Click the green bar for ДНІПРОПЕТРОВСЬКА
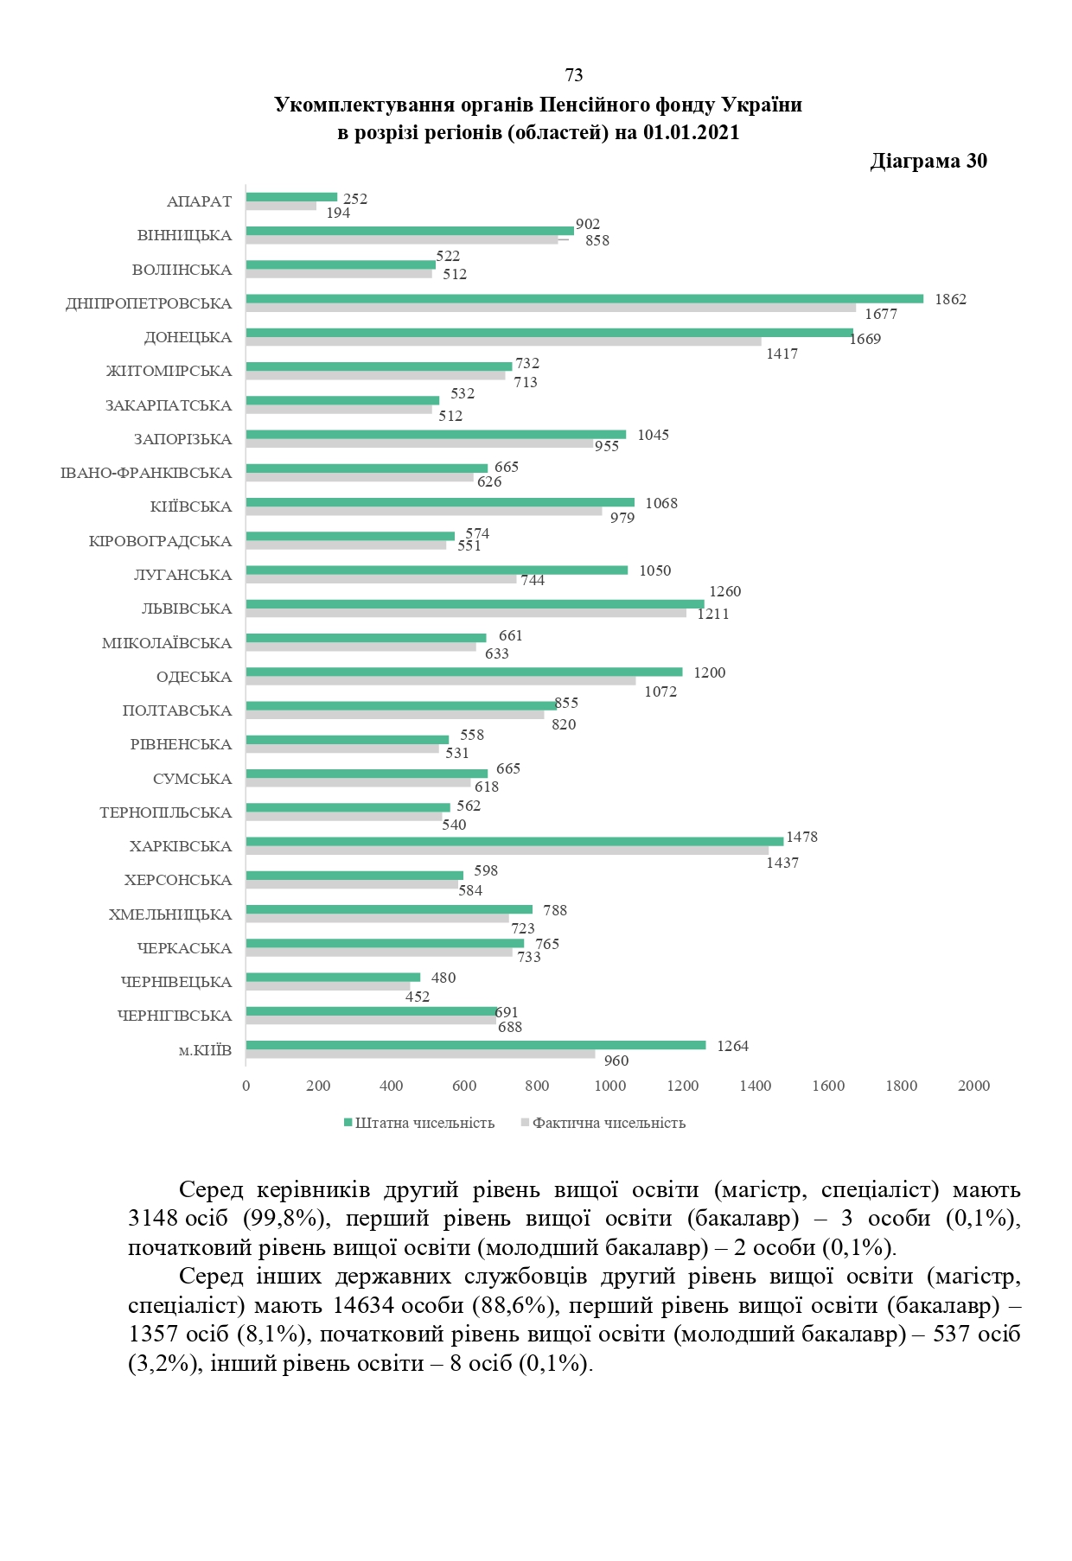(584, 298)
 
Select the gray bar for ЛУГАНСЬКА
(381, 579)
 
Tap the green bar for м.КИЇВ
(475, 1045)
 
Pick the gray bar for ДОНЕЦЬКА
(503, 341)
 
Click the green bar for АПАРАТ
(291, 197)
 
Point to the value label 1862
(950, 299)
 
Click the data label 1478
(801, 837)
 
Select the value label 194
(338, 213)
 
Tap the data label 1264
(732, 1046)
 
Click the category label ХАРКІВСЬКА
(181, 846)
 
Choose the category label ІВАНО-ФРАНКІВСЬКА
(146, 473)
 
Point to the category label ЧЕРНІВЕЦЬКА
(176, 982)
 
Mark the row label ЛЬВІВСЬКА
(187, 608)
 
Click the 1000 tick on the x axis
(610, 1086)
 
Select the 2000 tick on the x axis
(973, 1086)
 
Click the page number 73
(573, 75)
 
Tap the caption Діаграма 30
(928, 161)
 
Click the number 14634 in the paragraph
(364, 1305)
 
